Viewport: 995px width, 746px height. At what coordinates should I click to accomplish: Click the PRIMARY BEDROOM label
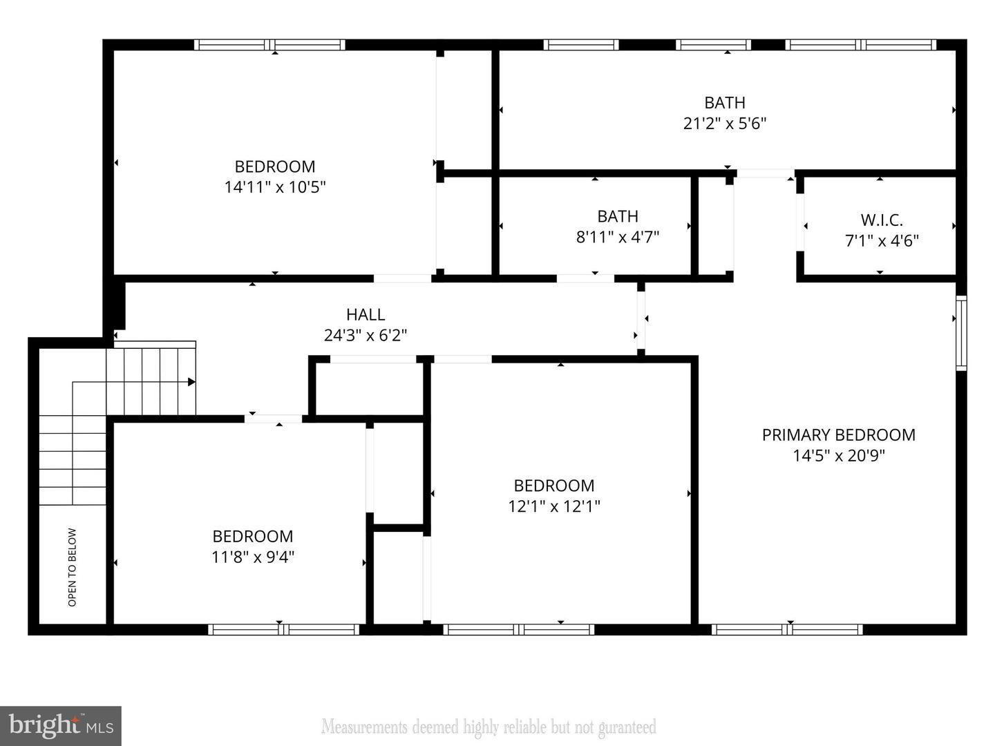click(x=838, y=434)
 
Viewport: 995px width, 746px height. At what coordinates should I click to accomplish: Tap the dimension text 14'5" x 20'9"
click(x=838, y=456)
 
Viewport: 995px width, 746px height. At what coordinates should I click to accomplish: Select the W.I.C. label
click(x=882, y=220)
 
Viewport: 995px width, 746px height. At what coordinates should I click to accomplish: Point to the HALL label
click(x=366, y=315)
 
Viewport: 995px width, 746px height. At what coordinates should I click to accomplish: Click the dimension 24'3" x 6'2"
click(x=366, y=336)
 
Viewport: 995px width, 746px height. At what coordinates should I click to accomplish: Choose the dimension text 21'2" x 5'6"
click(x=725, y=124)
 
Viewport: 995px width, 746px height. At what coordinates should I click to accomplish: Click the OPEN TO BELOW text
click(x=73, y=567)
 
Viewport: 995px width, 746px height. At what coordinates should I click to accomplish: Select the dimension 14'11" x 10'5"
click(x=275, y=187)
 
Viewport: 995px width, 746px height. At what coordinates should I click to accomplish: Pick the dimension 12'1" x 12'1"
click(x=554, y=506)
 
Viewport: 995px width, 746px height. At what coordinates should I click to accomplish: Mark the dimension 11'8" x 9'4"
click(x=253, y=557)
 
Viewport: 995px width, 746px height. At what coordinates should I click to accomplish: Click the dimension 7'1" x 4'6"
click(x=882, y=241)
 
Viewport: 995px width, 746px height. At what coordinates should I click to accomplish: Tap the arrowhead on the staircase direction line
click(x=191, y=382)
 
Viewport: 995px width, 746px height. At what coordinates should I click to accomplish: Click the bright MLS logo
click(x=61, y=725)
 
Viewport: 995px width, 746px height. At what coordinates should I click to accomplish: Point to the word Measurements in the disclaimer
click(x=364, y=727)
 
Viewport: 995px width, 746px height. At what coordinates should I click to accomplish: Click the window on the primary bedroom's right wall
click(x=961, y=333)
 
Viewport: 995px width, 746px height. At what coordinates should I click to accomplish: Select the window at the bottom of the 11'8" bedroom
click(x=283, y=629)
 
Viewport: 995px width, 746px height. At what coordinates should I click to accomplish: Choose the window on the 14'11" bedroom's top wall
click(x=269, y=45)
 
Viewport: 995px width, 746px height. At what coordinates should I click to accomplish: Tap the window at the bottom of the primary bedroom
click(x=787, y=629)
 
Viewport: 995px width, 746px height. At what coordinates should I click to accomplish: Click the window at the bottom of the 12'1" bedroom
click(x=518, y=629)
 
